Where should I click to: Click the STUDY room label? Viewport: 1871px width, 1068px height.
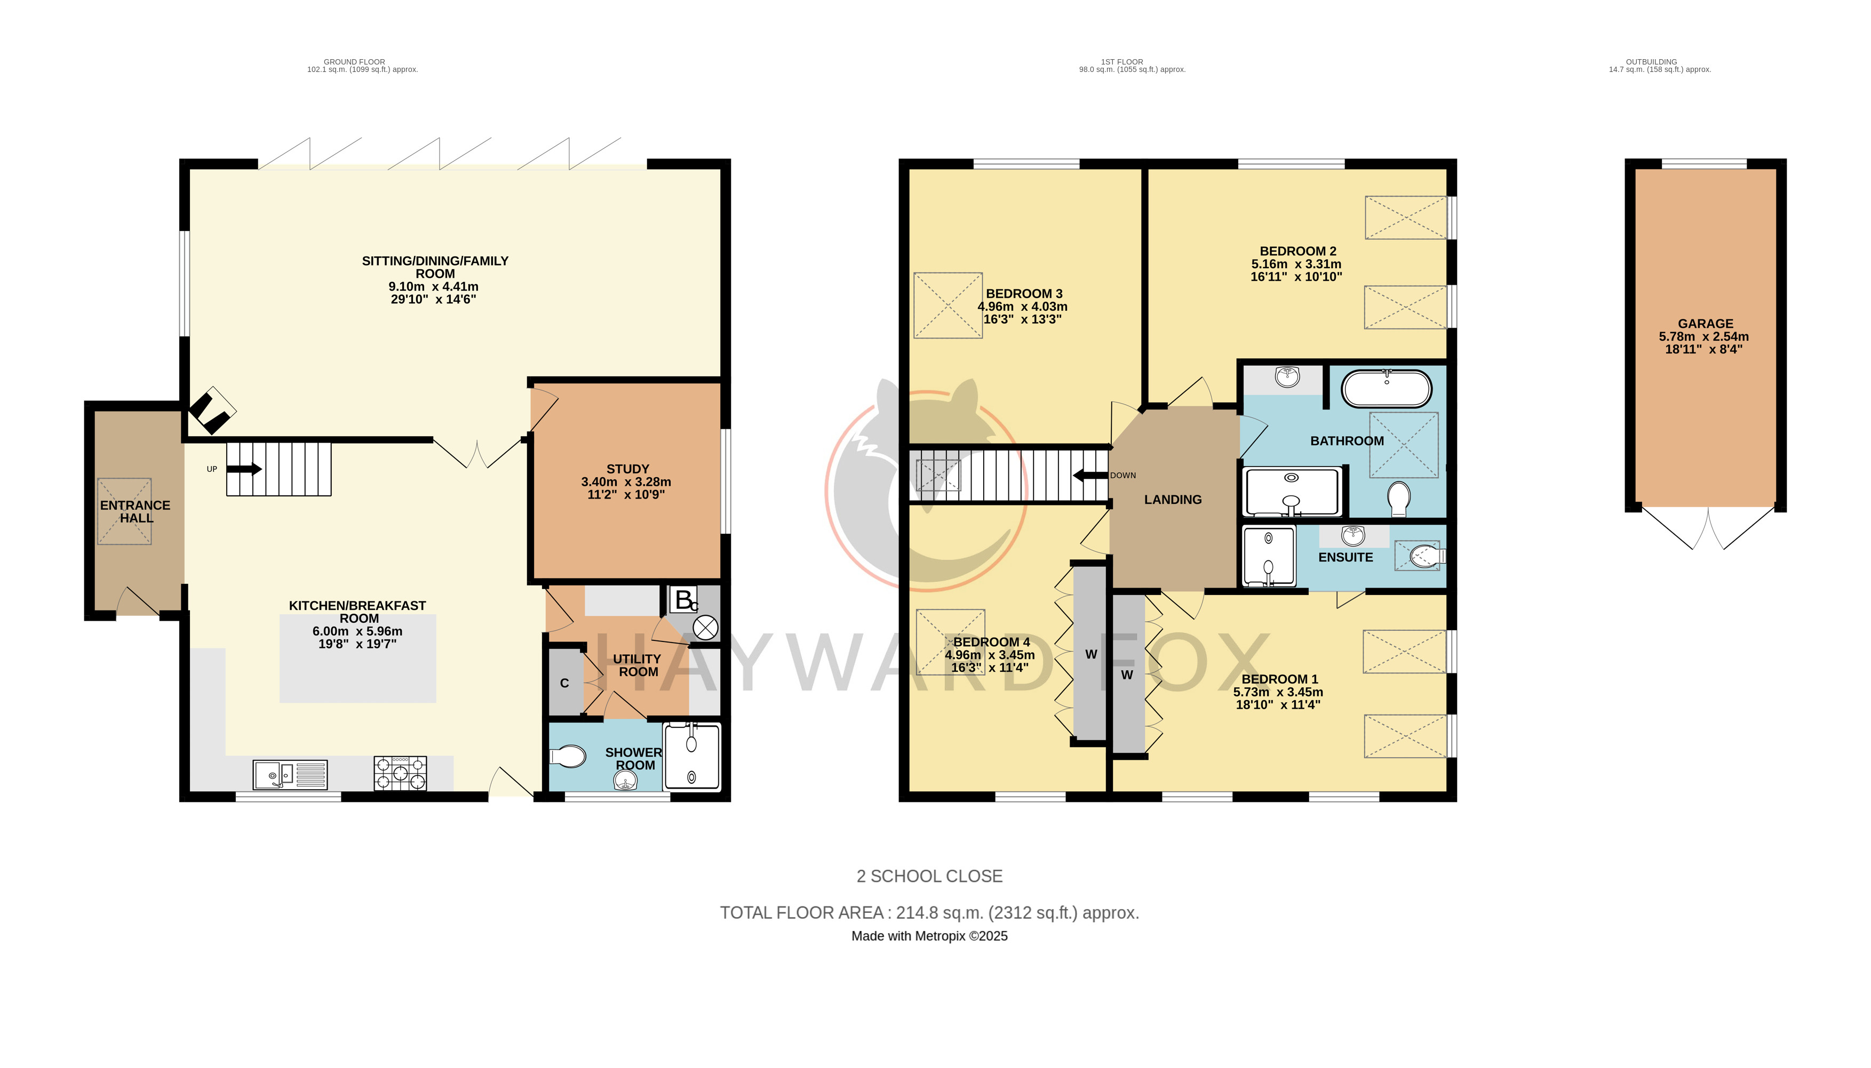pyautogui.click(x=627, y=469)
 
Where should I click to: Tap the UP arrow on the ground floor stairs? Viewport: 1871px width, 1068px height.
pyautogui.click(x=244, y=469)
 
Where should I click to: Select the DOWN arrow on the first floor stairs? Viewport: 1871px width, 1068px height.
pyautogui.click(x=1090, y=475)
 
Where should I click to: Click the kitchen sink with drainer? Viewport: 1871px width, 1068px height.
pyautogui.click(x=290, y=775)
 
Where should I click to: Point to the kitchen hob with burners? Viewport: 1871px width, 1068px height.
pyautogui.click(x=400, y=773)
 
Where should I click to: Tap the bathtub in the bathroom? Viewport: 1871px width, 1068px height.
pyautogui.click(x=1386, y=389)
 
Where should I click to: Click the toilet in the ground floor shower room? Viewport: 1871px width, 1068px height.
pyautogui.click(x=567, y=756)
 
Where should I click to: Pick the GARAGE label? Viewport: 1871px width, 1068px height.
pyautogui.click(x=1705, y=324)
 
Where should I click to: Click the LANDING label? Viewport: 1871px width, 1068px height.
pyautogui.click(x=1173, y=500)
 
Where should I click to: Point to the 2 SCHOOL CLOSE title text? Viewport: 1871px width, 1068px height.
pyautogui.click(x=929, y=876)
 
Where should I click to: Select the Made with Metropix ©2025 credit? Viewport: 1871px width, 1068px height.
pyautogui.click(x=929, y=936)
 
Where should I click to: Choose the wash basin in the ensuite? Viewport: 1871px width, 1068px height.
pyautogui.click(x=1352, y=533)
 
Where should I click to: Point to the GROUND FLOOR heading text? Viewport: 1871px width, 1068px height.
pyautogui.click(x=354, y=62)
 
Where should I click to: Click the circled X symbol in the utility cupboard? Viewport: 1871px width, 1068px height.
pyautogui.click(x=706, y=628)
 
